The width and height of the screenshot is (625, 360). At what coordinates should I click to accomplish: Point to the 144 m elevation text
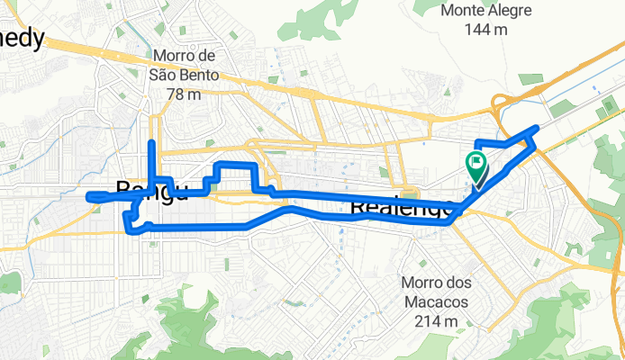click(x=487, y=30)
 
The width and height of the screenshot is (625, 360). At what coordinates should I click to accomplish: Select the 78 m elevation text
click(x=188, y=94)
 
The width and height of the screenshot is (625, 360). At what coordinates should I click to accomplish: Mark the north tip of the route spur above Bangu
click(x=151, y=142)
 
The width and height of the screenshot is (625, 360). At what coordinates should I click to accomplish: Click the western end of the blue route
click(x=87, y=196)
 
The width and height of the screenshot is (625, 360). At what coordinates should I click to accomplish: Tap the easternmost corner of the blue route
click(x=538, y=129)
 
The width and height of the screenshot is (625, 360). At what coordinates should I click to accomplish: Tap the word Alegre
click(x=510, y=11)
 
